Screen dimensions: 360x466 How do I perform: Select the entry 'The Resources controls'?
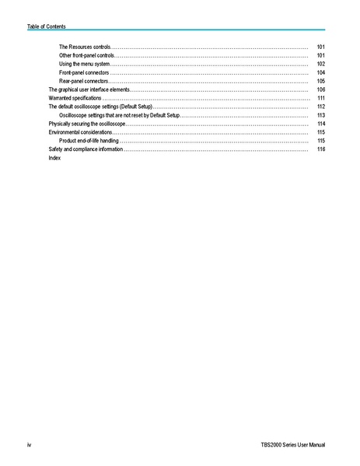point(85,47)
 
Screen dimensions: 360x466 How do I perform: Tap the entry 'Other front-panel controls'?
point(87,56)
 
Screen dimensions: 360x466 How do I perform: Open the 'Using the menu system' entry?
point(84,65)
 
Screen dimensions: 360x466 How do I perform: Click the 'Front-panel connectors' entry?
point(84,73)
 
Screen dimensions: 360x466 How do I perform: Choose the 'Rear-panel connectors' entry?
point(83,82)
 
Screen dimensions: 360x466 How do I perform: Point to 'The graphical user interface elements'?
point(89,90)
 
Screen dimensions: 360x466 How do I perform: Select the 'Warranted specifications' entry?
point(75,99)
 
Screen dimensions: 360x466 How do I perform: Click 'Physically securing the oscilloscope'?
point(86,124)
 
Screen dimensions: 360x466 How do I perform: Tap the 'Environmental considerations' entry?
point(79,133)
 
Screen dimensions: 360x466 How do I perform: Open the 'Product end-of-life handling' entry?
point(89,141)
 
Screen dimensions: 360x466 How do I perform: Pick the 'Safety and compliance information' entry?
point(85,149)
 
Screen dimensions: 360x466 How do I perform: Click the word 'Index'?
point(54,158)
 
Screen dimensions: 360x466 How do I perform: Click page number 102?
point(321,65)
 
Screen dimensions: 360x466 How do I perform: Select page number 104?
point(321,73)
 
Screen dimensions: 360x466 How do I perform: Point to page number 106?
point(321,90)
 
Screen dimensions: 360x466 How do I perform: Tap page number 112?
point(321,107)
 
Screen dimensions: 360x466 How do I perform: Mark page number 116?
point(321,149)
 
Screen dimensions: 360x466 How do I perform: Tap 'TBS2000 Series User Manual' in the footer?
point(293,444)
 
